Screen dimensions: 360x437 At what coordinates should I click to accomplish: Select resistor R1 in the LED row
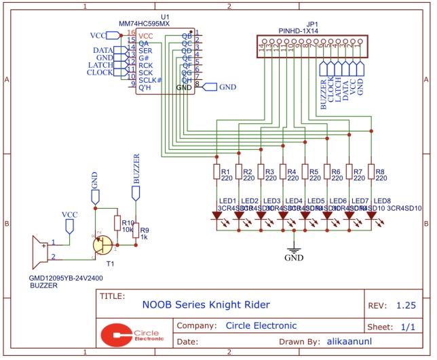pos(216,174)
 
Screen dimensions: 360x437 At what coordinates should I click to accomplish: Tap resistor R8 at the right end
pos(371,174)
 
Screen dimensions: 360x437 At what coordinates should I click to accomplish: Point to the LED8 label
pos(383,201)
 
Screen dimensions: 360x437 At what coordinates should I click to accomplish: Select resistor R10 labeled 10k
pos(117,224)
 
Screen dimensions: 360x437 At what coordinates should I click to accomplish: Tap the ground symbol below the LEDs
pos(294,248)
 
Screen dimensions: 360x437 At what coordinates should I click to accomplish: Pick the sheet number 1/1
pos(410,326)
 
